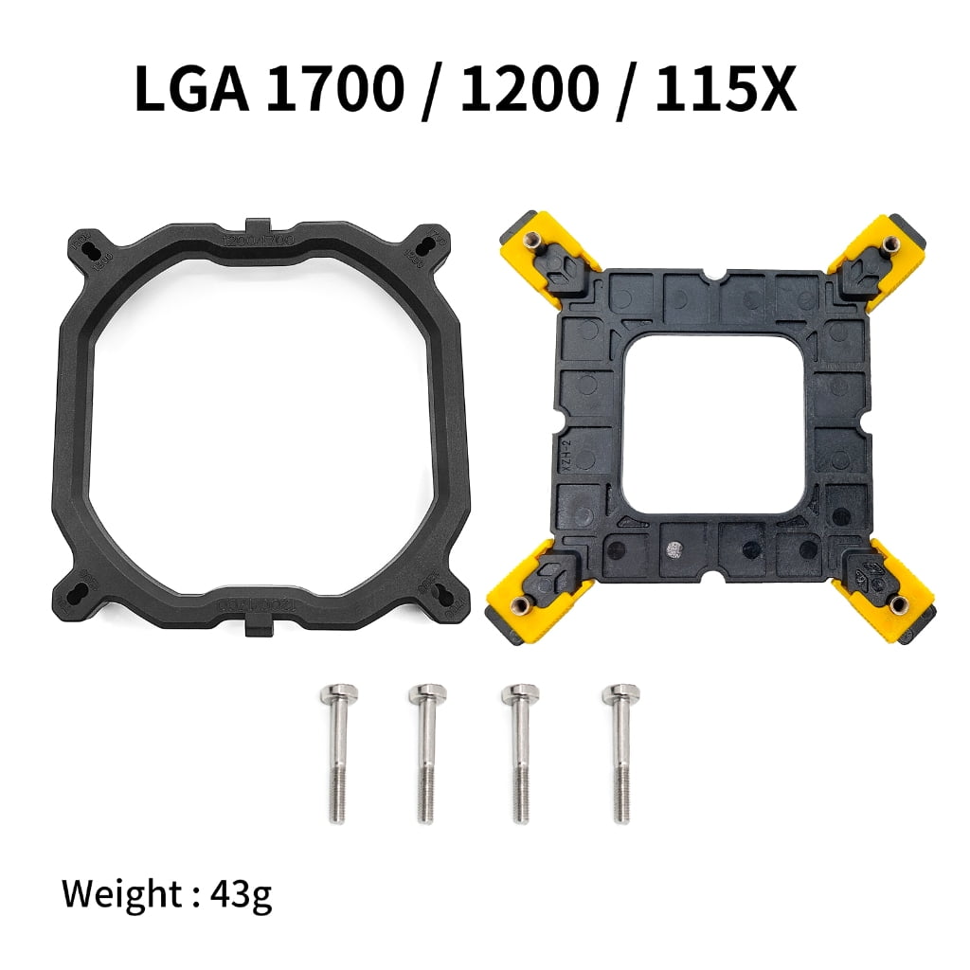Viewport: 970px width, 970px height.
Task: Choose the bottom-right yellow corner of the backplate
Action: point(886,592)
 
